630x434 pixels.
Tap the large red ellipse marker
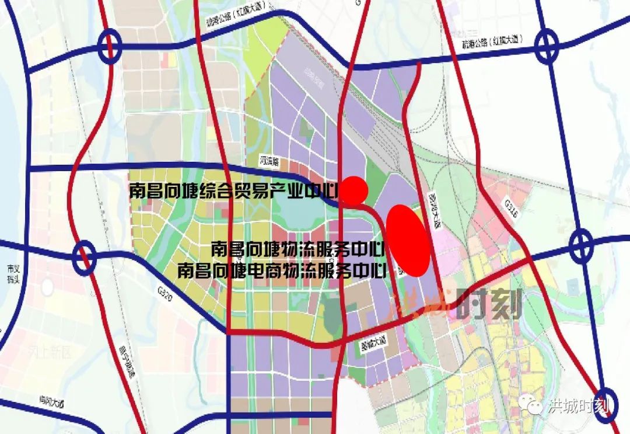[408, 239]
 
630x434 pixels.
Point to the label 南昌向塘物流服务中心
[297, 249]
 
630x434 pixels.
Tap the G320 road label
[166, 290]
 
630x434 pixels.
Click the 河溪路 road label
[270, 159]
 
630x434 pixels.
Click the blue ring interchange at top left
[110, 47]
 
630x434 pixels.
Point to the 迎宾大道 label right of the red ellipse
[434, 207]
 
